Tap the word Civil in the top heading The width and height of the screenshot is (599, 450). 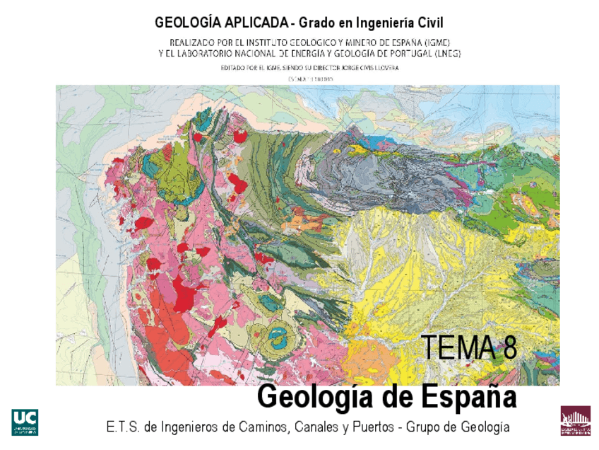(427, 23)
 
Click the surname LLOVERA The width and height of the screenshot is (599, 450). (386, 68)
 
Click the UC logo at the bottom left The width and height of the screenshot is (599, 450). (25, 422)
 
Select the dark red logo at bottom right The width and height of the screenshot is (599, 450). (575, 420)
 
